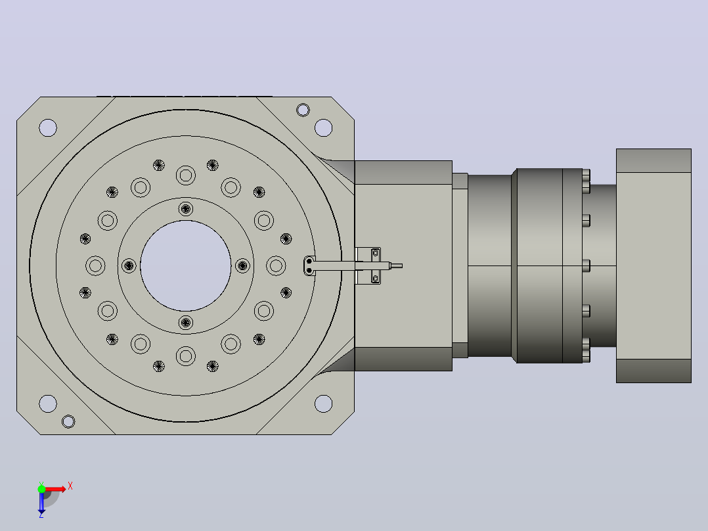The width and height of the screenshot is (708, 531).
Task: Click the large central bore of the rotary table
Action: [186, 265]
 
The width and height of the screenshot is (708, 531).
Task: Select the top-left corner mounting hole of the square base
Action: [48, 128]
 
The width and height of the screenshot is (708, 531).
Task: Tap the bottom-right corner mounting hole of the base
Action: [323, 404]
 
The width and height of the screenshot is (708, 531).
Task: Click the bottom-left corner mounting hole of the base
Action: [48, 404]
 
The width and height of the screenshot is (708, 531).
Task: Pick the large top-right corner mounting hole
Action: [323, 128]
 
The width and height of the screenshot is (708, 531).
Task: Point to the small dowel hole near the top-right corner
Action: [303, 110]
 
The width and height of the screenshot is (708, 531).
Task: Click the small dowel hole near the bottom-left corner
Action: [68, 422]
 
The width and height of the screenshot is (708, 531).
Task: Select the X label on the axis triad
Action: [70, 486]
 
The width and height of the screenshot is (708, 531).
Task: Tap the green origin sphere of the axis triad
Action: [41, 489]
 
